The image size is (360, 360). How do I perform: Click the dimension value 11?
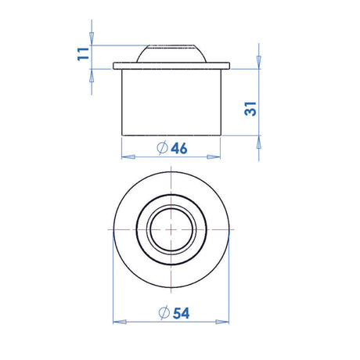[81, 56]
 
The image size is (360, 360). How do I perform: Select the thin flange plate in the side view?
[171, 66]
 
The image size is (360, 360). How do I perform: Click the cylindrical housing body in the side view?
[171, 102]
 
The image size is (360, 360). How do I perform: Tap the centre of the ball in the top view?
[171, 228]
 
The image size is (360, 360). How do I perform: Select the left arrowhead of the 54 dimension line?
[117, 320]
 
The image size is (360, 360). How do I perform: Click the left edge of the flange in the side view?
[115, 66]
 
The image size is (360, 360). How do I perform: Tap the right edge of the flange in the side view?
[229, 66]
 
